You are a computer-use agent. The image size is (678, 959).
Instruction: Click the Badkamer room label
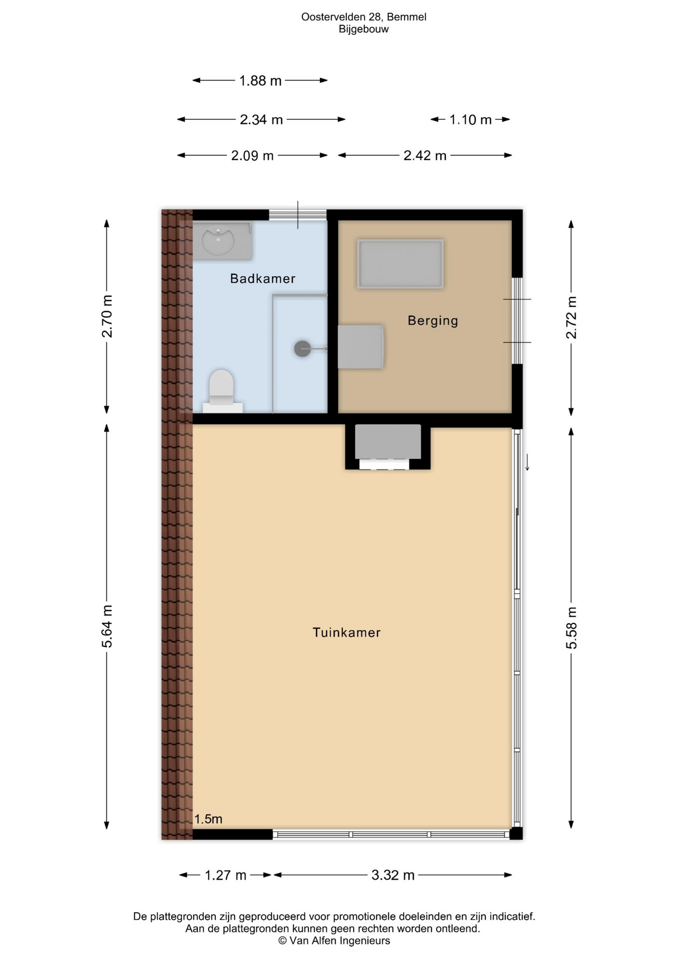[x=263, y=279]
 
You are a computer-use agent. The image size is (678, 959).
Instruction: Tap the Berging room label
[x=433, y=321]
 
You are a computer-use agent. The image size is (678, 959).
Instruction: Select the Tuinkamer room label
[x=346, y=632]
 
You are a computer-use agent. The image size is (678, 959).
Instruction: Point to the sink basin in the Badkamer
[x=218, y=241]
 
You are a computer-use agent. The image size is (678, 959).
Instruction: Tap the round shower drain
[x=303, y=349]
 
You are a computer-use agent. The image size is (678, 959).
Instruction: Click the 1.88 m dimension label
[x=260, y=80]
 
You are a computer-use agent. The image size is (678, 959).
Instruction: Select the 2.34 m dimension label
[x=261, y=120]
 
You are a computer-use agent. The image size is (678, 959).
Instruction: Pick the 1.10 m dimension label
[x=470, y=120]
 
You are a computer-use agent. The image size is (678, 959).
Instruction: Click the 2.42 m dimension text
[x=425, y=156]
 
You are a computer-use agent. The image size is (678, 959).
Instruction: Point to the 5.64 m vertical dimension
[x=107, y=626]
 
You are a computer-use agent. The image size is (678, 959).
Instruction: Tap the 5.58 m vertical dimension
[x=572, y=628]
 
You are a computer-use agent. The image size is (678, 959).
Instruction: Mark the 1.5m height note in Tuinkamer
[x=208, y=819]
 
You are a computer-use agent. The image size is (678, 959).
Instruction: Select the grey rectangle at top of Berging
[x=400, y=264]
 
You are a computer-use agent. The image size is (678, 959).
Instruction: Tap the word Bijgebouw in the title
[x=363, y=29]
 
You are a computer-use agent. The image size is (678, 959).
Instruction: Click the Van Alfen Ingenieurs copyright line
[x=334, y=941]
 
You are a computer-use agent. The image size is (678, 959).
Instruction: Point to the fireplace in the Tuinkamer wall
[x=388, y=447]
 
